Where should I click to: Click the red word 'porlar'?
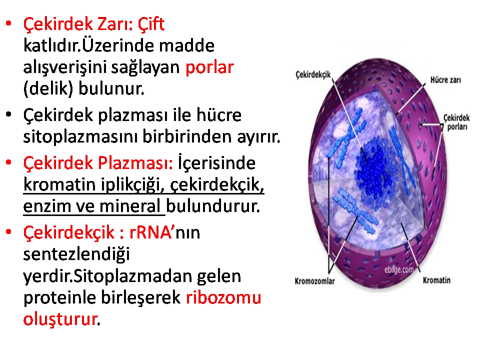(x=209, y=67)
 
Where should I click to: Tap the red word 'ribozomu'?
(x=223, y=297)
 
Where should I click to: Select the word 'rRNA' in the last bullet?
(x=150, y=232)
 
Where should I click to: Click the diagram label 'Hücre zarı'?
(x=445, y=80)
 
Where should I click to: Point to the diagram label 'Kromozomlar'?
(x=314, y=281)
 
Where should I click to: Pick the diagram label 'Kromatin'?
(x=436, y=280)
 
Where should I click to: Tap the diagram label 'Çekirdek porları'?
(x=456, y=122)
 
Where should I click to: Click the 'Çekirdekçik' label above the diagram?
(x=313, y=74)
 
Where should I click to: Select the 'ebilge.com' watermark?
(x=399, y=269)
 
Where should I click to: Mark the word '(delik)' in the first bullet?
(x=48, y=89)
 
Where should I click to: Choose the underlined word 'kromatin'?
(x=59, y=184)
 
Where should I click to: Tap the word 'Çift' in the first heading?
(x=151, y=23)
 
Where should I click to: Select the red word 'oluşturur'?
(x=60, y=319)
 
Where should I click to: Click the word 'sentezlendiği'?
(x=76, y=254)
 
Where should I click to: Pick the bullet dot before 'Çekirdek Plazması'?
(x=9, y=162)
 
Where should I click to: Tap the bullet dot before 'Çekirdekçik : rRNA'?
(x=9, y=231)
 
